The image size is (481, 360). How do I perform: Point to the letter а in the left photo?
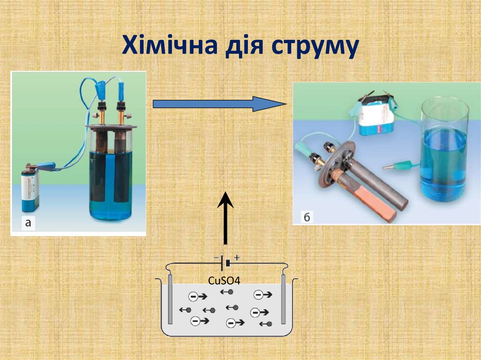pyautogui.click(x=28, y=223)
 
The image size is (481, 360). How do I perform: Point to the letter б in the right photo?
pyautogui.click(x=307, y=216)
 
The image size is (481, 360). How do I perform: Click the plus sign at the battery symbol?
pyautogui.click(x=237, y=257)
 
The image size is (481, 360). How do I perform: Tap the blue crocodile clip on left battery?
pyautogui.click(x=47, y=165)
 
